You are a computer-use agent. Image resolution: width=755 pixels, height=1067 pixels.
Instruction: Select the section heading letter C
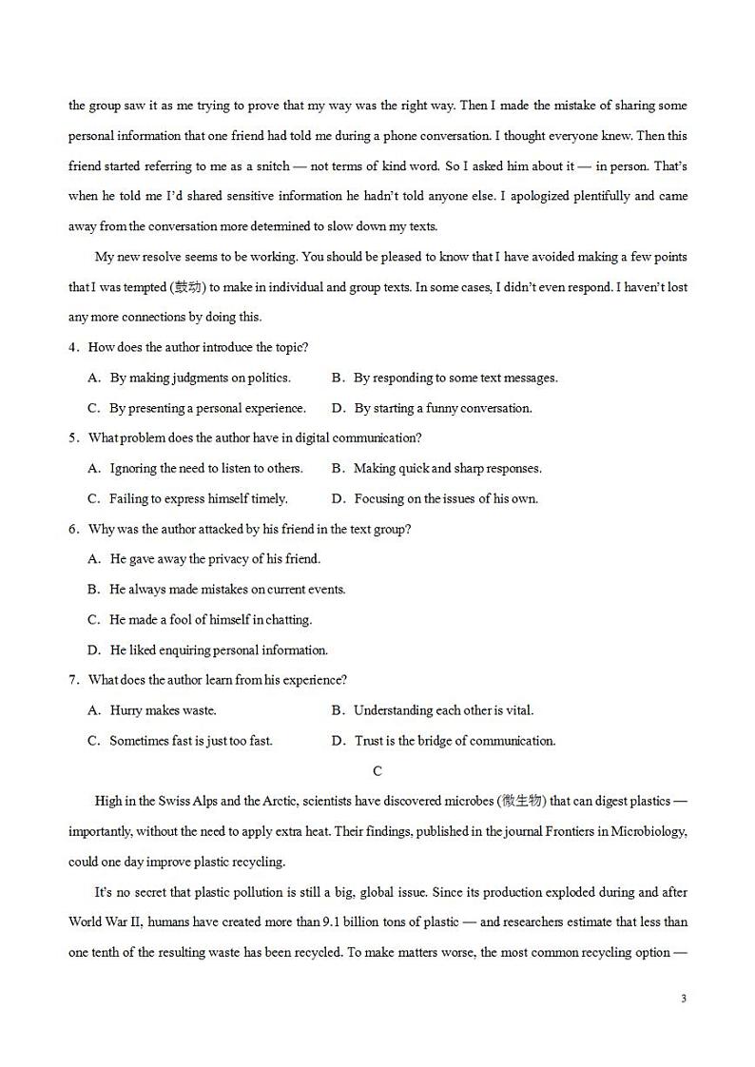(377, 771)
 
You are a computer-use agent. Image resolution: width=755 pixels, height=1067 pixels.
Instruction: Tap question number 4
(73, 347)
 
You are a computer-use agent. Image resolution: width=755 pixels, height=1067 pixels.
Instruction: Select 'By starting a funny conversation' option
(443, 408)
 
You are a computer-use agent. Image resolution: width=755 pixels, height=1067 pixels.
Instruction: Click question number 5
(73, 438)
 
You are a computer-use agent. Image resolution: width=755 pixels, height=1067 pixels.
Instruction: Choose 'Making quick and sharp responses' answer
(447, 469)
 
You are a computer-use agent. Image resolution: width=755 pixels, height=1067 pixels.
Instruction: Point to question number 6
(73, 529)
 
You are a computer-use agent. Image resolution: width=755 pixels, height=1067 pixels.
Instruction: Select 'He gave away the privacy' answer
(215, 559)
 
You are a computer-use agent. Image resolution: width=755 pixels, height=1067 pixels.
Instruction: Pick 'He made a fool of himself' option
(210, 620)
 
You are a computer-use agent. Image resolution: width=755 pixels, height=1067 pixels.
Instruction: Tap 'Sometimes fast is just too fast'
(190, 741)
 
